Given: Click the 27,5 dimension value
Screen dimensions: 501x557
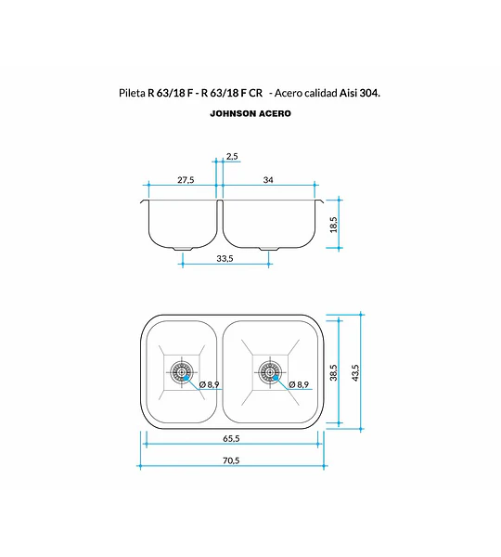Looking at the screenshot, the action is (186, 180).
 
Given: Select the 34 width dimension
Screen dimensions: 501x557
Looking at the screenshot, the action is (268, 180).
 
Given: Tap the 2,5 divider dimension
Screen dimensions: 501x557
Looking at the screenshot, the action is (232, 156).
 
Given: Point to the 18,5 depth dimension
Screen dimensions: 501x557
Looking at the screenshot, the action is (333, 225).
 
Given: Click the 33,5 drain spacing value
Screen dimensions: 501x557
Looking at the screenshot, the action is (225, 258).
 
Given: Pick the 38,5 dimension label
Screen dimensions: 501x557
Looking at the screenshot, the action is (333, 372).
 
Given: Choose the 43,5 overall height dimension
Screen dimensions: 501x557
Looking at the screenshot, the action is (355, 372).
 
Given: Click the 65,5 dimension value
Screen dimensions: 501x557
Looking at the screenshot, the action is (231, 438).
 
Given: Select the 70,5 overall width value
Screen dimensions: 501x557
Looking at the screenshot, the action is (231, 460).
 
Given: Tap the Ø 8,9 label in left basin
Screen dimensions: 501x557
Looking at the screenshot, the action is (209, 384).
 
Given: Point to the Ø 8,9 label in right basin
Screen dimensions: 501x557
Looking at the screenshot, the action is (299, 384).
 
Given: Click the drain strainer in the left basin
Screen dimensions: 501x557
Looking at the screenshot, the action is (182, 372).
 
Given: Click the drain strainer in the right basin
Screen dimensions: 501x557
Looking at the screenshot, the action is (270, 372).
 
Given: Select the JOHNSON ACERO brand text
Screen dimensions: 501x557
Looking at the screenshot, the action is (250, 113).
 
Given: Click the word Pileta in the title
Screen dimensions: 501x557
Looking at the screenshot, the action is (132, 93).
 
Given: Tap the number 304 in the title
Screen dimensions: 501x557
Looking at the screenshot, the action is (369, 93).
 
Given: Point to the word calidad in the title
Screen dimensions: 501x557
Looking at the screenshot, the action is (321, 93).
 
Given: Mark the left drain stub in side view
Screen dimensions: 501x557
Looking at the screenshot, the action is (183, 248).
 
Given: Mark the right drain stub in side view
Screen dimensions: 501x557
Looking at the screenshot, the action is (269, 248).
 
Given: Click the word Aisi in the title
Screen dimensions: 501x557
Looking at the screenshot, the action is (348, 93).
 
